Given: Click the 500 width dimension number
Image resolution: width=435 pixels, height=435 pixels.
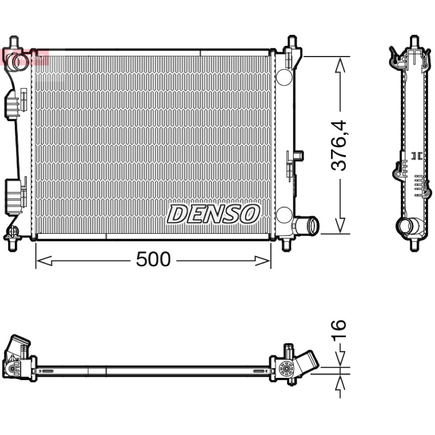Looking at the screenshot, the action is tap(153, 259).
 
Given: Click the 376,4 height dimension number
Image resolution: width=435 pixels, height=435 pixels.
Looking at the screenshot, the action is tap(339, 145).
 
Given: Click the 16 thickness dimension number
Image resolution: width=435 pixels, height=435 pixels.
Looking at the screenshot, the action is tap(339, 329).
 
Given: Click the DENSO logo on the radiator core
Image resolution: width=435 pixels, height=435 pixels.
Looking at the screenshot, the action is tap(213, 214).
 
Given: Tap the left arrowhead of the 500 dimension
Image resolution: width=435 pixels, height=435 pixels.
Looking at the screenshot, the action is tap(45, 261).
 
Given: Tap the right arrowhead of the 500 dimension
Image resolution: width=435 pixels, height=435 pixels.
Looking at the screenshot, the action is tap(263, 261).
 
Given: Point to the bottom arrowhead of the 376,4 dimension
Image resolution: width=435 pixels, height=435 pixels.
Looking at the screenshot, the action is tap(340, 225).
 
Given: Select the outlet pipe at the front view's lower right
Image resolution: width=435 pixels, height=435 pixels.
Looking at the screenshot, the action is tap(307, 226).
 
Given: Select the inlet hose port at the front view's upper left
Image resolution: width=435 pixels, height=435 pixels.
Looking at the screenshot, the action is tap(17, 60).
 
